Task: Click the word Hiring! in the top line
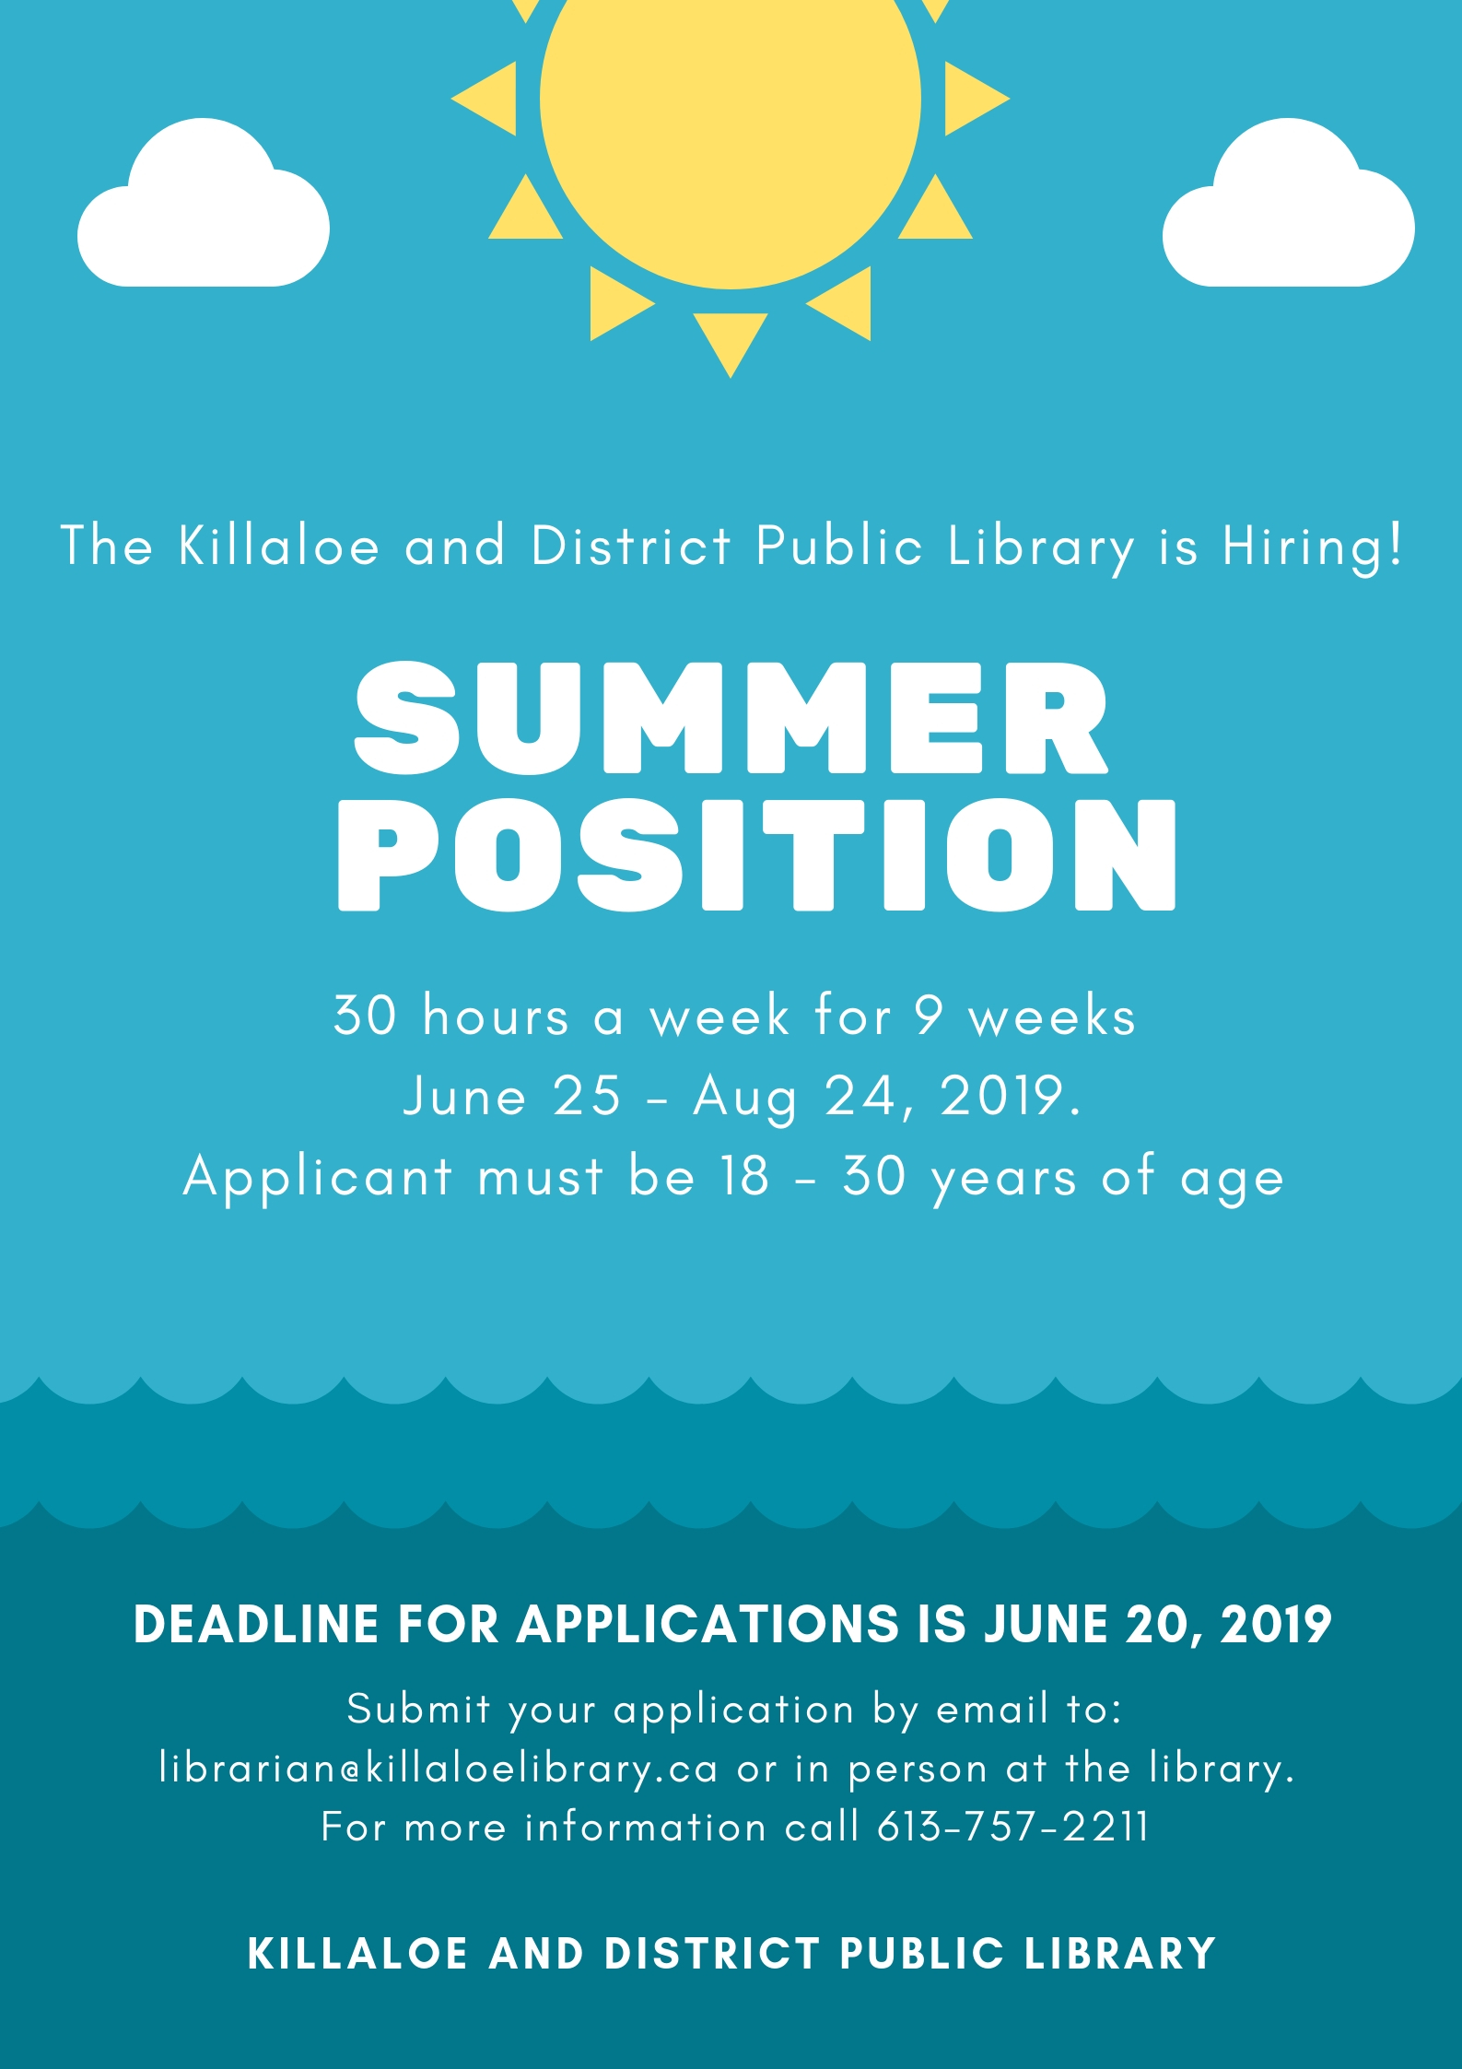pyautogui.click(x=1312, y=547)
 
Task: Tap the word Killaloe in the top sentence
pyautogui.click(x=278, y=546)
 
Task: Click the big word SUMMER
pyautogui.click(x=731, y=719)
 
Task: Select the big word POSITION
pyautogui.click(x=756, y=854)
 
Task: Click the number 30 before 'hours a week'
pyautogui.click(x=365, y=1016)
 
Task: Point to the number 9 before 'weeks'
pyautogui.click(x=929, y=1016)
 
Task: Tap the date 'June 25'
pyautogui.click(x=512, y=1096)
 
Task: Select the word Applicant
pyautogui.click(x=317, y=1179)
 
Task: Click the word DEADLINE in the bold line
pyautogui.click(x=256, y=1625)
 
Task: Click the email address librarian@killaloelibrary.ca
pyautogui.click(x=438, y=1769)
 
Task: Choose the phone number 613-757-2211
pyautogui.click(x=1012, y=1827)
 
